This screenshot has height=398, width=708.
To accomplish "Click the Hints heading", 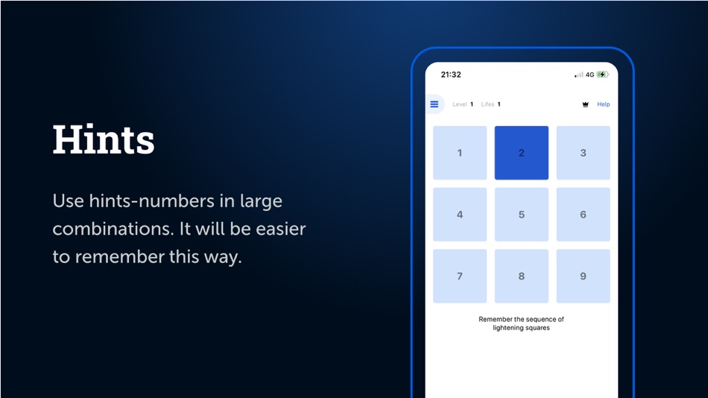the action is pos(104,139).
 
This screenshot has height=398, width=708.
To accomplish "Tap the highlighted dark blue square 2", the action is pos(522,153).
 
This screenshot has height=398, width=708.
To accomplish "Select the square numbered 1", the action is pos(460,153).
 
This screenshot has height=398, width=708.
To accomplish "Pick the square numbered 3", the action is pos(583,153).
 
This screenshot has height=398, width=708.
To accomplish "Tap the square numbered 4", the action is pos(460,214).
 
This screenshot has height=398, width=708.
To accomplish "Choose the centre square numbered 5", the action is pos(522,214).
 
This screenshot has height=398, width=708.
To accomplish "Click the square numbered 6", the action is pos(583,214).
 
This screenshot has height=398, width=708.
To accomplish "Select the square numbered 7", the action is pos(460,276).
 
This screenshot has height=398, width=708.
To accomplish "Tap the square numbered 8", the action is pos(522,276).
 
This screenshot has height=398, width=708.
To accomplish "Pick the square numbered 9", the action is pos(583,276).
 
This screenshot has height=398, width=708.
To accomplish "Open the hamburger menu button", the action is pos(434,104).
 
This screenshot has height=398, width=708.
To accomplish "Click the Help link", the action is pos(603,104).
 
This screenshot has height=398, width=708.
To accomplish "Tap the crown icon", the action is pos(585,104).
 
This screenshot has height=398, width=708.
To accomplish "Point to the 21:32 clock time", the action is pos(451,75).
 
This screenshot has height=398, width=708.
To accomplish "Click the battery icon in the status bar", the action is pos(602,75).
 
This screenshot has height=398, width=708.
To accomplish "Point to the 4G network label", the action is pos(590,75).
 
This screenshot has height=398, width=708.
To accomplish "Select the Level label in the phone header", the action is pos(460,104).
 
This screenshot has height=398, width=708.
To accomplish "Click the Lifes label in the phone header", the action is pos(487,104).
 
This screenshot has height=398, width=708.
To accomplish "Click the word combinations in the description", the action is pos(113,229).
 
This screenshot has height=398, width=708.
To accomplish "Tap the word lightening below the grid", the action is pos(509,328).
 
